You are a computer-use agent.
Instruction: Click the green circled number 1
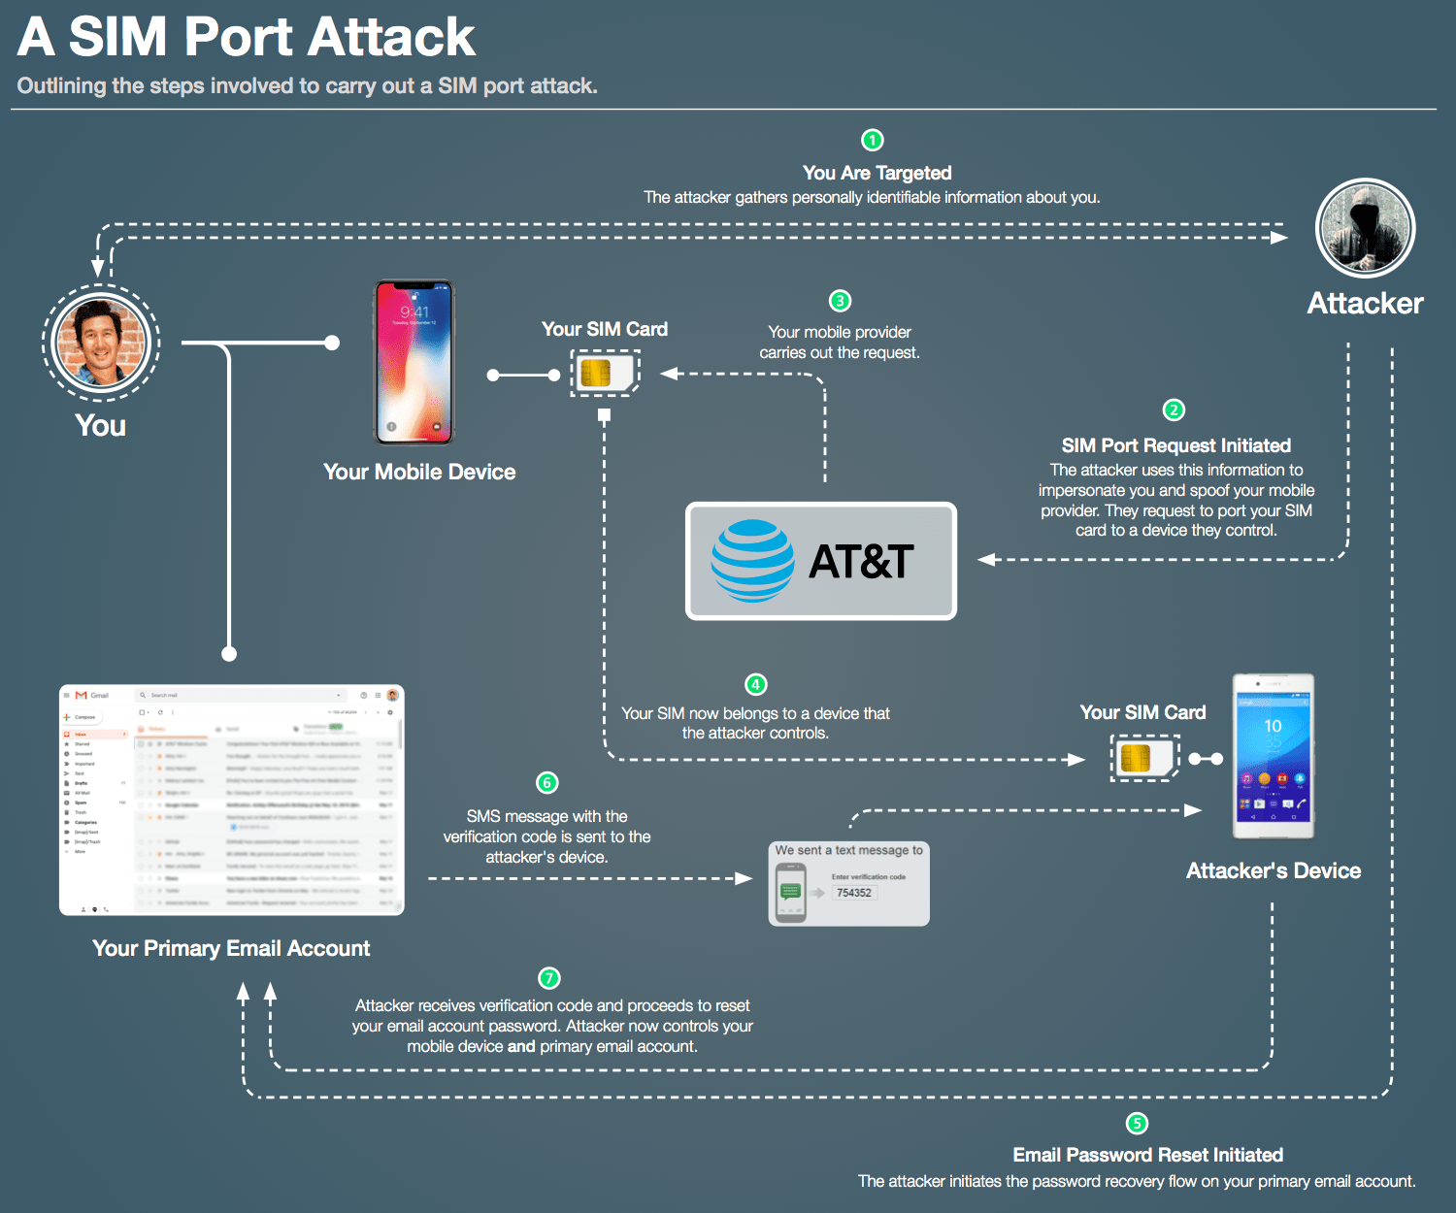pyautogui.click(x=873, y=141)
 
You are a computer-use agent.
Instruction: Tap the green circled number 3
pyautogui.click(x=840, y=301)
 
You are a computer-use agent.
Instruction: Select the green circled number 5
pyautogui.click(x=1137, y=1123)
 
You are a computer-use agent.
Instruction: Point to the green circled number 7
pyautogui.click(x=549, y=978)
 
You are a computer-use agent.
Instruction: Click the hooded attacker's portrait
pyautogui.click(x=1365, y=229)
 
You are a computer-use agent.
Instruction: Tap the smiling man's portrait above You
pyautogui.click(x=101, y=342)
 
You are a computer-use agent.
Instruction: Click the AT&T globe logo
pyautogui.click(x=752, y=561)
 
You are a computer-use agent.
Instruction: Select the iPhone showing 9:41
pyautogui.click(x=414, y=362)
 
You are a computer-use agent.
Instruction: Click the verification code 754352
pyautogui.click(x=854, y=893)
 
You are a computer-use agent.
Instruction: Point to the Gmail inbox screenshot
pyautogui.click(x=231, y=800)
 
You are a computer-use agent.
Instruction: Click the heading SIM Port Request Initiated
pyautogui.click(x=1175, y=445)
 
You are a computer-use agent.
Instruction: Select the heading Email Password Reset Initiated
pyautogui.click(x=1147, y=1155)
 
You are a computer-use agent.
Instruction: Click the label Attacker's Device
pyautogui.click(x=1273, y=870)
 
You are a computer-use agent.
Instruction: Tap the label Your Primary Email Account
pyautogui.click(x=231, y=948)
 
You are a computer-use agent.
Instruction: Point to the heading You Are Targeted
pyautogui.click(x=877, y=173)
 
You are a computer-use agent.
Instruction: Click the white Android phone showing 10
pyautogui.click(x=1273, y=756)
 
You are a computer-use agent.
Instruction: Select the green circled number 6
pyautogui.click(x=547, y=783)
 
